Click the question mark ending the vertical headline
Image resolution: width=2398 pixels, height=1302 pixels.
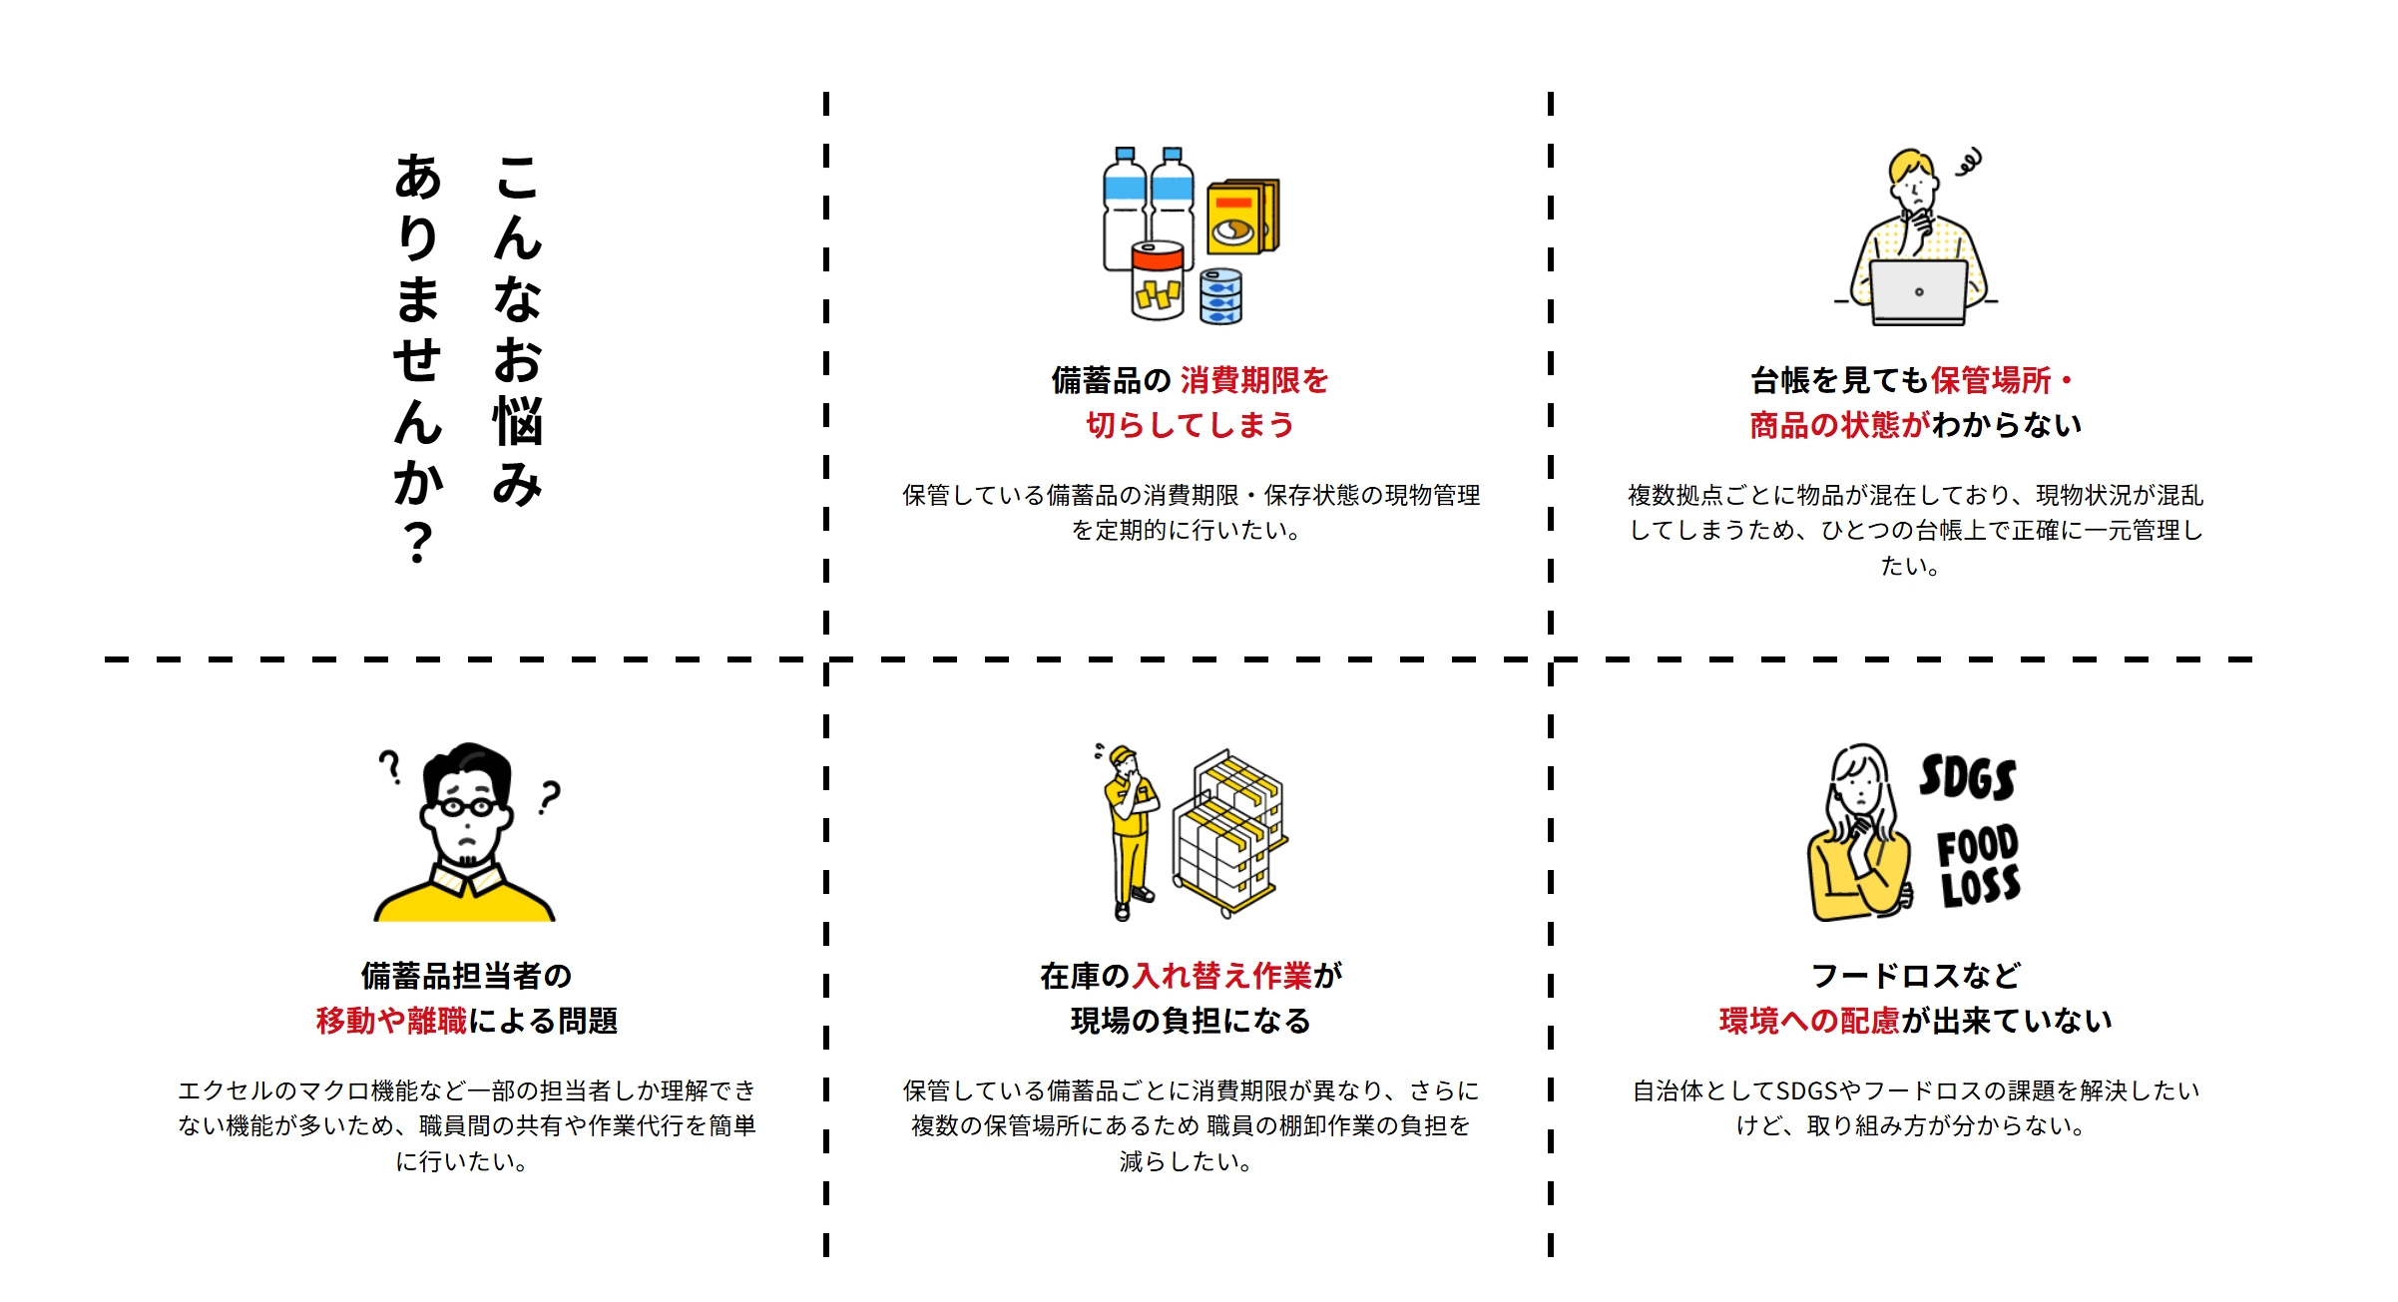click(418, 544)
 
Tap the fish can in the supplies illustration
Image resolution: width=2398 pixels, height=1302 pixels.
click(1220, 296)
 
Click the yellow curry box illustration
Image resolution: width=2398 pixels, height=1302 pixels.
click(1241, 217)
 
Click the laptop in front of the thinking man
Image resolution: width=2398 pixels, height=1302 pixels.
click(1918, 293)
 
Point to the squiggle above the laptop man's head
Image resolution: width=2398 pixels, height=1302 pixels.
click(1969, 163)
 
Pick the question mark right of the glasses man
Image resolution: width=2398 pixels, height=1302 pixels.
click(549, 797)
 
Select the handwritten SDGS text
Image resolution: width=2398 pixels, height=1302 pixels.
click(1967, 777)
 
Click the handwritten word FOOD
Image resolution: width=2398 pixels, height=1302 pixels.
click(1977, 846)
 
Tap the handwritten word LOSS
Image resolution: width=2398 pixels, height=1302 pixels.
click(1980, 887)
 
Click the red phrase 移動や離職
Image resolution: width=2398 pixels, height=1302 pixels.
click(391, 1021)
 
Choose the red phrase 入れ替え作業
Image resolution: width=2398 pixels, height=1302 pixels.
click(1222, 975)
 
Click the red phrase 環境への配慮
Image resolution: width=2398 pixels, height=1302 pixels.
click(1808, 1021)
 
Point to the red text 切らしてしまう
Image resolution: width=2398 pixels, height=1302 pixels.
click(1190, 425)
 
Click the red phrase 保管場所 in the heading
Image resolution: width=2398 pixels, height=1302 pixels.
click(1991, 380)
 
